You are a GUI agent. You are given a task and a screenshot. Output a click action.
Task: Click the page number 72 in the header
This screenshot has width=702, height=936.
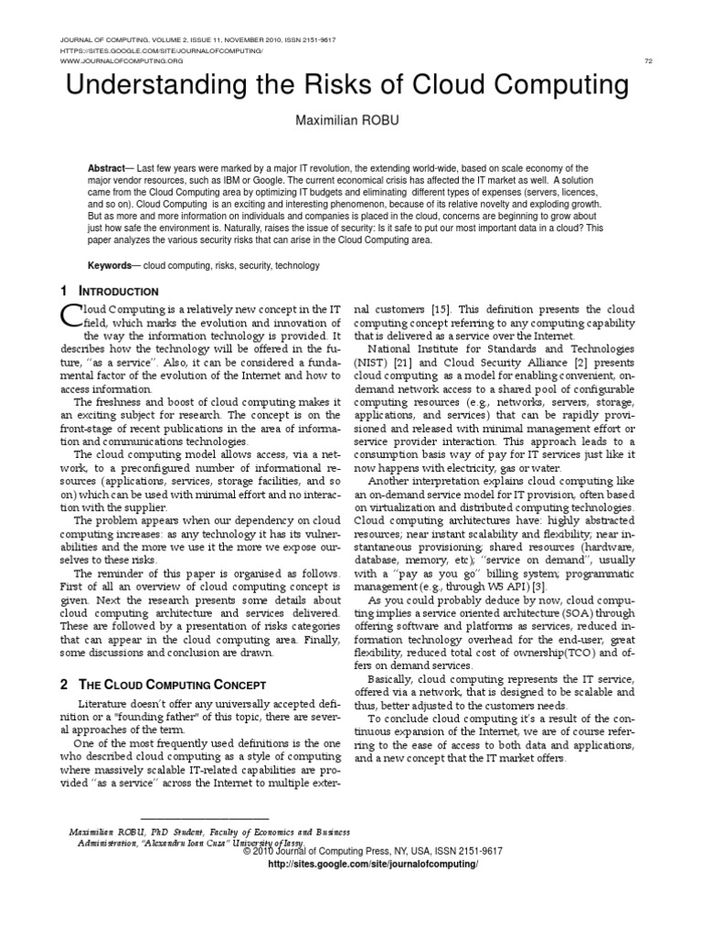pos(648,60)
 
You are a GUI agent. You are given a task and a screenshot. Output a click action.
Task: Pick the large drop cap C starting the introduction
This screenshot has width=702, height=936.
pos(71,315)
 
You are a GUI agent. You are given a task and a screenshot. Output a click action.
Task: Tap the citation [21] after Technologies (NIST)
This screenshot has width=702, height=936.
pos(407,362)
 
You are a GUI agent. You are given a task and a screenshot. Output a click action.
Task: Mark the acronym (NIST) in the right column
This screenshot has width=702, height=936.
pos(370,362)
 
